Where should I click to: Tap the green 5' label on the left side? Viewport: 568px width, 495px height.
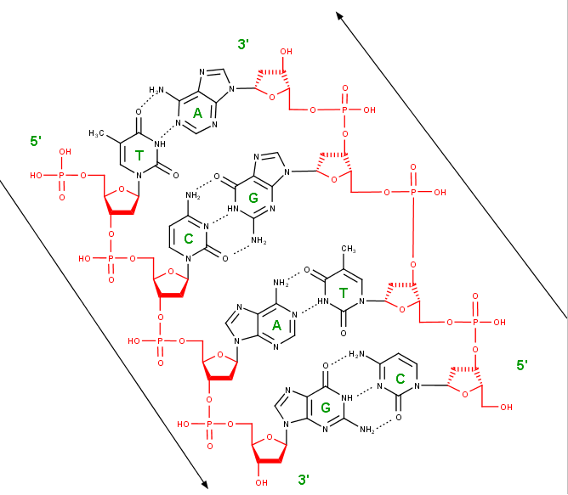pyautogui.click(x=37, y=141)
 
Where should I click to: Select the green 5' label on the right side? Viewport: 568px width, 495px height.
pyautogui.click(x=522, y=365)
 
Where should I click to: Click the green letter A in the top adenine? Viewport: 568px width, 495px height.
pyautogui.click(x=197, y=112)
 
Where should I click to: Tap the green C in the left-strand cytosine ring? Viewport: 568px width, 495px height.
pyautogui.click(x=189, y=239)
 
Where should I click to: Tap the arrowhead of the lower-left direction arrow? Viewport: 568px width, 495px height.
pyautogui.click(x=205, y=485)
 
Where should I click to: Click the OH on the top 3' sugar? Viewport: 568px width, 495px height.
pyautogui.click(x=287, y=52)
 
